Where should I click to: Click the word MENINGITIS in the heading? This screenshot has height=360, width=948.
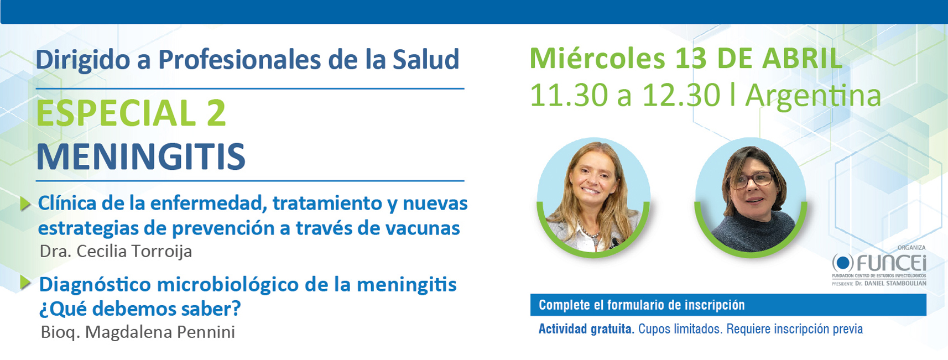pyautogui.click(x=140, y=156)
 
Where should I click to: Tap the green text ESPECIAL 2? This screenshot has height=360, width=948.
pyautogui.click(x=131, y=113)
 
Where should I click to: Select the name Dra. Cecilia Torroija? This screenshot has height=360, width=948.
pyautogui.click(x=116, y=251)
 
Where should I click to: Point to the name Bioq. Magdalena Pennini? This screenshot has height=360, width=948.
pyautogui.click(x=138, y=332)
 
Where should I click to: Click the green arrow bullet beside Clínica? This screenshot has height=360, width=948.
pyautogui.click(x=25, y=204)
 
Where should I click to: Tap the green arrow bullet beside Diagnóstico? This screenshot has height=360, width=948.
pyautogui.click(x=25, y=283)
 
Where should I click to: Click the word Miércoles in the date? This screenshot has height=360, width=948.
pyautogui.click(x=597, y=58)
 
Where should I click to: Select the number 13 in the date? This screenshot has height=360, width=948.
pyautogui.click(x=691, y=58)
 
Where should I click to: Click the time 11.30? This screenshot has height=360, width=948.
pyautogui.click(x=569, y=96)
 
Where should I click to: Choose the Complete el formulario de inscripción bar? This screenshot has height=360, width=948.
pyautogui.click(x=728, y=305)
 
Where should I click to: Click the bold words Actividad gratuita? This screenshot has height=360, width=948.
pyautogui.click(x=586, y=329)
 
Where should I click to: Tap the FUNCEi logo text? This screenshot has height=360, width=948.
pyautogui.click(x=891, y=263)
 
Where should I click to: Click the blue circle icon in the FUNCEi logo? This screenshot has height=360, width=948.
pyautogui.click(x=842, y=263)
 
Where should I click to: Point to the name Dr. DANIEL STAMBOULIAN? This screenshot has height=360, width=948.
pyautogui.click(x=890, y=284)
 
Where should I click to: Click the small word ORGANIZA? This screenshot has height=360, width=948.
pyautogui.click(x=911, y=248)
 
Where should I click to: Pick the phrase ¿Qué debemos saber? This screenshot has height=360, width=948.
pyautogui.click(x=140, y=309)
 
